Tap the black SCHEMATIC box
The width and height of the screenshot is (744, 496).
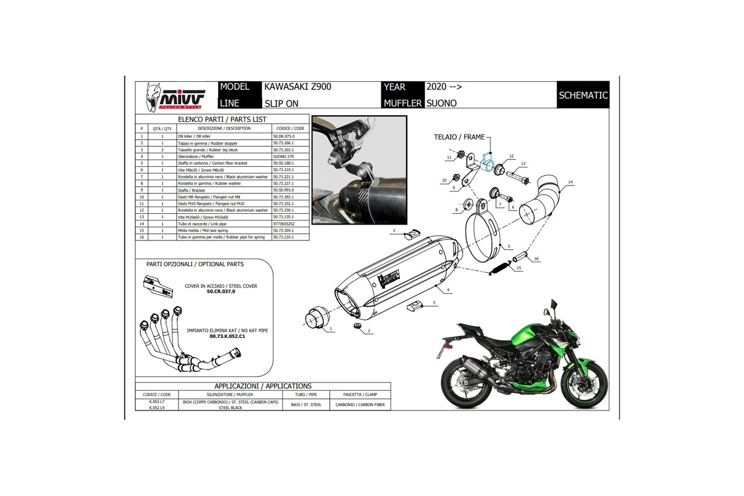[x=583, y=95]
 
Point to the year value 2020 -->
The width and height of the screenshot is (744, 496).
[x=443, y=87]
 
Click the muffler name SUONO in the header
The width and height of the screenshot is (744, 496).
[x=441, y=104]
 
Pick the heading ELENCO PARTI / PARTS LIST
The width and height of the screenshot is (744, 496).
[x=222, y=118]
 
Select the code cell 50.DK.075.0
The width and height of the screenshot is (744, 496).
[x=284, y=135]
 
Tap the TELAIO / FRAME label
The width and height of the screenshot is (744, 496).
[x=461, y=136]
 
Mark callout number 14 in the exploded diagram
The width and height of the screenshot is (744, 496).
[x=570, y=182]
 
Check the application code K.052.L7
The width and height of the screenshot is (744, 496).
[x=157, y=402]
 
